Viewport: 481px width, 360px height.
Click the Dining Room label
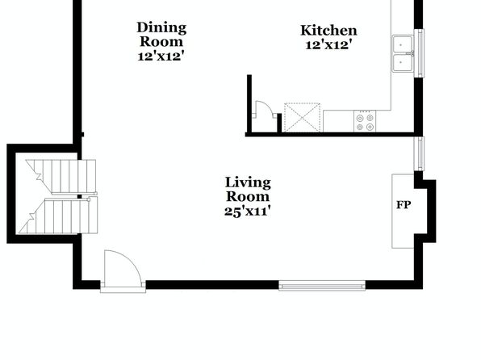point(161,35)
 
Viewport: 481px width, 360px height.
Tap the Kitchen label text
point(328,31)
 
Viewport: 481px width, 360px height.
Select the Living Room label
point(248,190)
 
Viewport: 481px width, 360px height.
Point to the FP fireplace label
point(403,205)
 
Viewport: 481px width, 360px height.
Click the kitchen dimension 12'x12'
point(328,45)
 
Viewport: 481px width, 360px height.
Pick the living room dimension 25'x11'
point(248,211)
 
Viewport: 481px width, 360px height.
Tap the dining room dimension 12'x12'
point(161,57)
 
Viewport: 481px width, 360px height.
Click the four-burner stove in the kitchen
point(365,121)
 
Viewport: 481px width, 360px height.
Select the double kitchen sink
point(403,54)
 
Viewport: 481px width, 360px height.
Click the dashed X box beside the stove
point(302,118)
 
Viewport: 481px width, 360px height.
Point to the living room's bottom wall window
point(322,286)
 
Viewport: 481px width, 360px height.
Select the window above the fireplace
point(419,153)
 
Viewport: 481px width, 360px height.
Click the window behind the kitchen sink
point(419,53)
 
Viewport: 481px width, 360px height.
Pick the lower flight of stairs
point(58,216)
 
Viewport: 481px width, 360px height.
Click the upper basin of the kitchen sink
point(402,44)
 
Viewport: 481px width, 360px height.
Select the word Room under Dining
point(161,42)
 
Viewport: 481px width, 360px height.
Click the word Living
point(248,182)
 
